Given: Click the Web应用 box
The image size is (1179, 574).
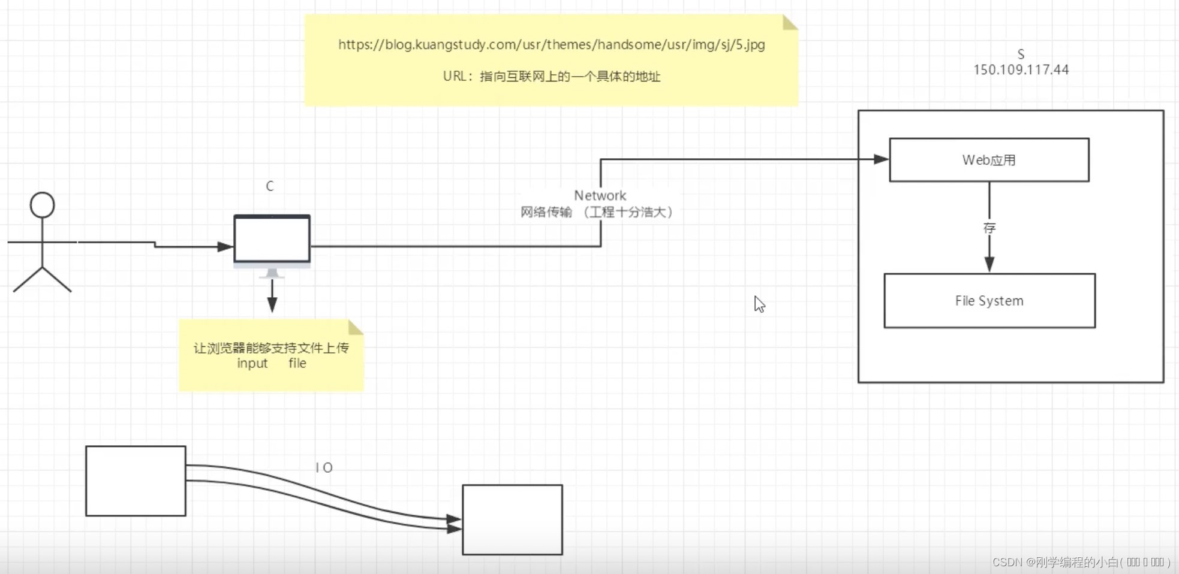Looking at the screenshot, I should [x=989, y=160].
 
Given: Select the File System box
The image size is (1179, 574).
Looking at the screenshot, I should [x=989, y=301].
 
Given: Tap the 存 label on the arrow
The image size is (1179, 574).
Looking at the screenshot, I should [x=989, y=228].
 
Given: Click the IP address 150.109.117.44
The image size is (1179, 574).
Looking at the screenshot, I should [x=1021, y=70].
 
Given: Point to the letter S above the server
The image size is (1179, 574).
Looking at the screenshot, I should [x=1021, y=54].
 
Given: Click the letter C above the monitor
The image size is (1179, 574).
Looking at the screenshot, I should [x=270, y=186].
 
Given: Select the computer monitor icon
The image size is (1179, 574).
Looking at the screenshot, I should [x=272, y=240].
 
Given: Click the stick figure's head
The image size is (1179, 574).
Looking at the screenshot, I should [x=42, y=205].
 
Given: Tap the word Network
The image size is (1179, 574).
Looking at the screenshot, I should [x=600, y=195].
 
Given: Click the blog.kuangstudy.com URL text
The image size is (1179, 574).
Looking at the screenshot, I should [x=551, y=44].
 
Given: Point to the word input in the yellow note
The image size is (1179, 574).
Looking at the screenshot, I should [x=252, y=364].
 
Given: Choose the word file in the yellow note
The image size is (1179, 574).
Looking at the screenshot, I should [x=297, y=363].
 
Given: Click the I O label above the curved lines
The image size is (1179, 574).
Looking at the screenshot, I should [x=324, y=467].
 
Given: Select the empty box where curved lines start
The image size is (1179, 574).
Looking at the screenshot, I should [x=136, y=481].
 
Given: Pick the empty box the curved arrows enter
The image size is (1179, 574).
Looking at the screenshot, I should [x=512, y=519].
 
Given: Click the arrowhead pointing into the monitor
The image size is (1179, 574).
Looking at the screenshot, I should [x=225, y=246].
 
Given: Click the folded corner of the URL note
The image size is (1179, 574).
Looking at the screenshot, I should [x=789, y=22].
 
